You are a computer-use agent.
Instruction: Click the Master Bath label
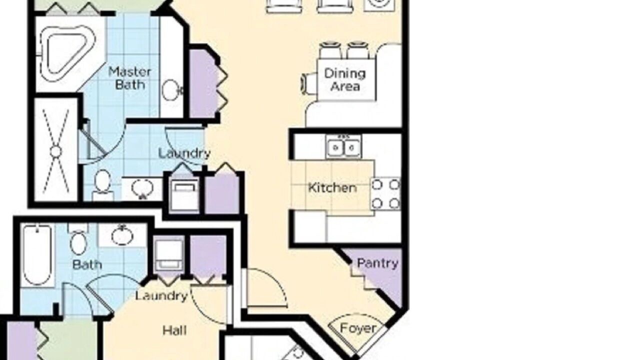pos(130,78)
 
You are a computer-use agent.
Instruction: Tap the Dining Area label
pos(345,80)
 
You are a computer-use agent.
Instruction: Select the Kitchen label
pos(332,188)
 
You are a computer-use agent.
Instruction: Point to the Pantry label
pos(378,263)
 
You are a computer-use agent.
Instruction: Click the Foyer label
pos(358,328)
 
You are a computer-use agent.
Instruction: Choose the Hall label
pos(174,330)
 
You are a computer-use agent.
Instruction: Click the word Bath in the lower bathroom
pos(87,264)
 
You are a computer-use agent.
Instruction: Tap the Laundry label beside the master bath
pos(184,153)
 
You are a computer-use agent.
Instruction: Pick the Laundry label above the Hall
pos(161,296)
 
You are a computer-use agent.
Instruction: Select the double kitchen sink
pos(343,146)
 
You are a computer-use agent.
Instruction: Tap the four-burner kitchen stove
pos(385,194)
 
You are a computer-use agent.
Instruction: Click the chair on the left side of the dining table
pos(309,84)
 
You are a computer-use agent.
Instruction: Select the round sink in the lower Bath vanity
pos(122,236)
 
